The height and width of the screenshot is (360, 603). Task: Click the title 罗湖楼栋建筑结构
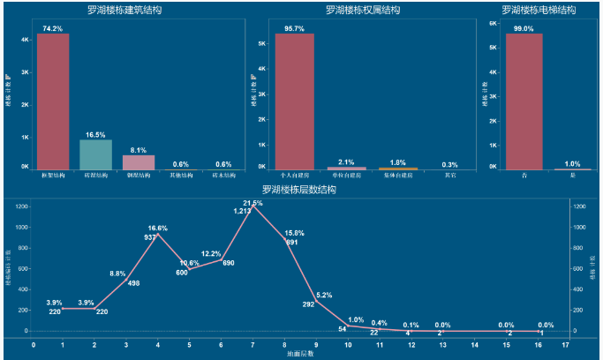point(124,11)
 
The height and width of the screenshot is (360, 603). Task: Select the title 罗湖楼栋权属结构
point(363,11)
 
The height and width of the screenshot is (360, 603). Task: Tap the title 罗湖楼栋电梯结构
point(539,11)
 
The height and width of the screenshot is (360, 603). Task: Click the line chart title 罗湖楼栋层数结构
point(299,190)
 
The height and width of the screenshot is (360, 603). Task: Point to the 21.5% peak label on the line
point(253,203)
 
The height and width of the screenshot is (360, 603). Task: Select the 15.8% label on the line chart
point(294,233)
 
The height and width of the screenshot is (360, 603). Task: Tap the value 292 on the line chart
point(309,304)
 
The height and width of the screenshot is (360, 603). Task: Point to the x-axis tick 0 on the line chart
point(33,346)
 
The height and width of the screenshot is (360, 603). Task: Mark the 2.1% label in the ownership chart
point(346,162)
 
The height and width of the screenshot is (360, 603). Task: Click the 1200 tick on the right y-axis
point(580,206)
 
